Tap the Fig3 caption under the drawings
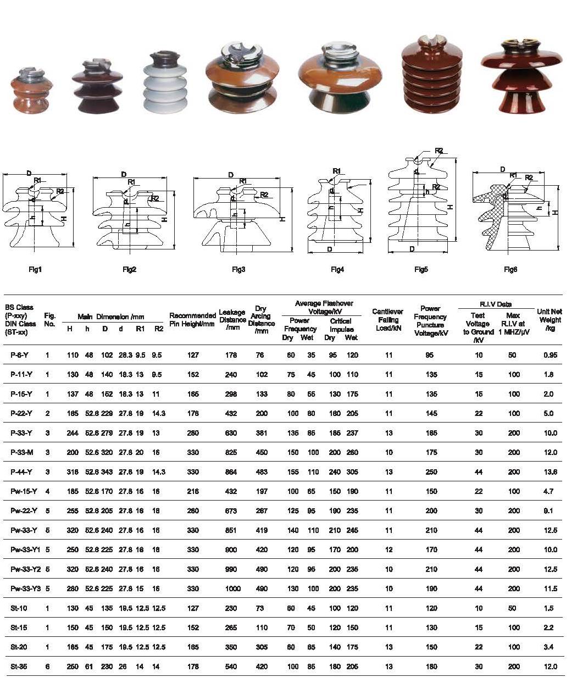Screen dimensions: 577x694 [x=238, y=270]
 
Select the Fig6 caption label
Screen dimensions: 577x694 [x=510, y=270]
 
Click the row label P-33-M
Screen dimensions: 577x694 [x=22, y=452]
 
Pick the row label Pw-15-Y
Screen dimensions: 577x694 [x=24, y=491]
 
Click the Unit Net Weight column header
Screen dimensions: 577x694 [x=550, y=320]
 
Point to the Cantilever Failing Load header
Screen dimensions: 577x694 [x=387, y=320]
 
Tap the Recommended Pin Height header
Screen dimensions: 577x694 [x=192, y=319]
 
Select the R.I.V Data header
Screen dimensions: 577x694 [x=496, y=304]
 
